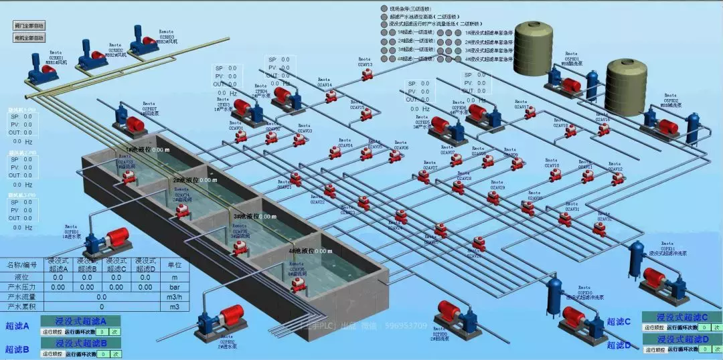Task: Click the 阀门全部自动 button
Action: tap(29, 25)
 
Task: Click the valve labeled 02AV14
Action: tap(331, 97)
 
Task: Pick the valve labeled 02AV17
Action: tap(530, 114)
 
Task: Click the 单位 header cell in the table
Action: tap(175, 266)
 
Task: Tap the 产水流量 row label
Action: tap(22, 296)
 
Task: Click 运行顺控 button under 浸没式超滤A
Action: tap(52, 331)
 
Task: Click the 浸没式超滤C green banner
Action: tap(681, 317)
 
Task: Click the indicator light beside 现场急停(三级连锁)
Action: tap(384, 9)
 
